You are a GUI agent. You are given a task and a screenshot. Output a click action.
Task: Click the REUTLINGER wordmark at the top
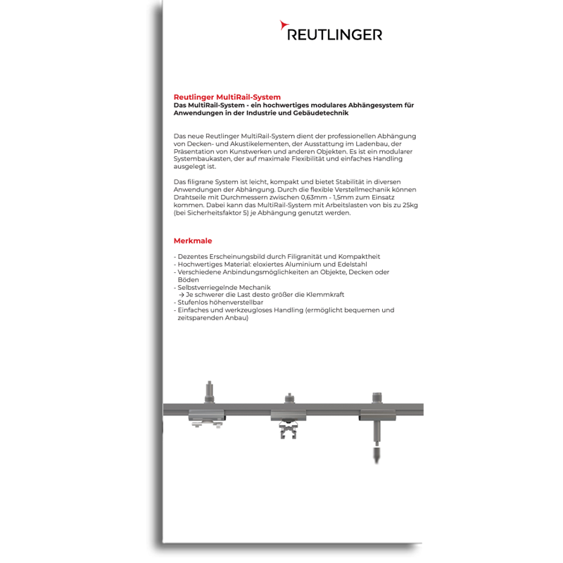pyautogui.click(x=335, y=33)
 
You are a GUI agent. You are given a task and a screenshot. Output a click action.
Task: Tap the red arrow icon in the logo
pyautogui.click(x=283, y=26)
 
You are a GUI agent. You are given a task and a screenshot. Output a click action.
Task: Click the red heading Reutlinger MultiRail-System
pyautogui.click(x=227, y=97)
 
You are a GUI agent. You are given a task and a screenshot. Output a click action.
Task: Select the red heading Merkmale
pyautogui.click(x=192, y=241)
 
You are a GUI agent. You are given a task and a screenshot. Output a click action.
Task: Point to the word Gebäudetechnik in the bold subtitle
pyautogui.click(x=317, y=113)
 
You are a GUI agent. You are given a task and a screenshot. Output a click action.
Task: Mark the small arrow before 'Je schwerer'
pyautogui.click(x=182, y=294)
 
